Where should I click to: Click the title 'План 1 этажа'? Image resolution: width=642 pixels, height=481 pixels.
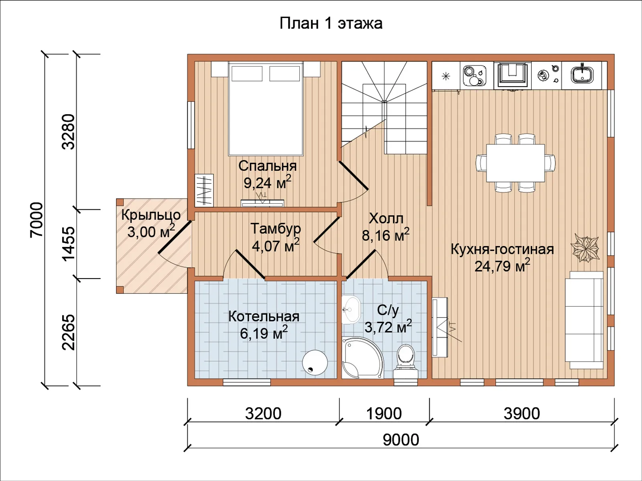pyautogui.click(x=331, y=24)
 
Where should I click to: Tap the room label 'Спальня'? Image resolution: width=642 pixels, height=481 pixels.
pyautogui.click(x=267, y=166)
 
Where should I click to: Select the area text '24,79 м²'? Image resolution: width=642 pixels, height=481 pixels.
pyautogui.click(x=502, y=265)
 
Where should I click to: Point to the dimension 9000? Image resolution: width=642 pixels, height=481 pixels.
pyautogui.click(x=401, y=440)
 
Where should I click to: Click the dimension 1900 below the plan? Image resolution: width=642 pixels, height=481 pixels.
pyautogui.click(x=384, y=414)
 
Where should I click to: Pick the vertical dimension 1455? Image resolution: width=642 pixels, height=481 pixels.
pyautogui.click(x=69, y=243)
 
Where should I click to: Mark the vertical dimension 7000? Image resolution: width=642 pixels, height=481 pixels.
pyautogui.click(x=37, y=220)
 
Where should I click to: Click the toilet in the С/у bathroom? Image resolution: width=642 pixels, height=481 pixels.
pyautogui.click(x=405, y=362)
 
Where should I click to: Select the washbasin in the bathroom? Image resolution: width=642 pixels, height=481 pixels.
pyautogui.click(x=351, y=309)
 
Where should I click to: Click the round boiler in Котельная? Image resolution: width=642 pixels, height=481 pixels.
pyautogui.click(x=315, y=362)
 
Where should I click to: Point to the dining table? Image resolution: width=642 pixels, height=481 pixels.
pyautogui.click(x=516, y=163)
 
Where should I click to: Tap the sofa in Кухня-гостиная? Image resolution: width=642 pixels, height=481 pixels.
pyautogui.click(x=584, y=320)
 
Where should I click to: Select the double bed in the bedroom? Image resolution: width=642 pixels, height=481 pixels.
pyautogui.click(x=266, y=108)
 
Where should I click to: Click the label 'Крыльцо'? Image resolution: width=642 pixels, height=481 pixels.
pyautogui.click(x=151, y=215)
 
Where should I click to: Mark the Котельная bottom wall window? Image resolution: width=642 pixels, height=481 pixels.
pyautogui.click(x=247, y=382)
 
